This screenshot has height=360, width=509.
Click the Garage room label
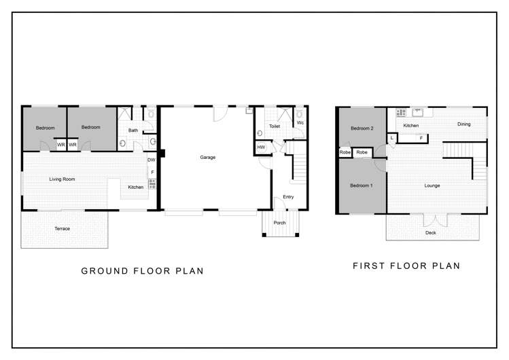208,158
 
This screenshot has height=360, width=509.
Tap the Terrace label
62,229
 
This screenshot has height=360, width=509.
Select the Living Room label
62,179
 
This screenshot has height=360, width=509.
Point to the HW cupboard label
261,147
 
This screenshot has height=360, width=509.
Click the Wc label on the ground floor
300,122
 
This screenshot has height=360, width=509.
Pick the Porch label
279,223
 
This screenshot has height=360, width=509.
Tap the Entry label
288,197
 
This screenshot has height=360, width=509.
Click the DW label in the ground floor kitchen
152,160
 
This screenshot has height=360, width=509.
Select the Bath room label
133,130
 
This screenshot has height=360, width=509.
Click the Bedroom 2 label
362,128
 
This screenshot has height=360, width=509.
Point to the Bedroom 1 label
362,185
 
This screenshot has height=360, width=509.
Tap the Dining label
464,124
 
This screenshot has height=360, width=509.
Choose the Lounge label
432,186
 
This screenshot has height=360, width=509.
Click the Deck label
431,232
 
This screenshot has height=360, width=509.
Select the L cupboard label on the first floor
392,138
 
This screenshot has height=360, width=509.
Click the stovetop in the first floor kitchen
401,113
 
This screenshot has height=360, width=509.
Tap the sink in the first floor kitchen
417,113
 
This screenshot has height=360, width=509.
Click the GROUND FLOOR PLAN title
142,271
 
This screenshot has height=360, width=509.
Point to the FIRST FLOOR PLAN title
406,266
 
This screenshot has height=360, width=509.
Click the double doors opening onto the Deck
436,220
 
